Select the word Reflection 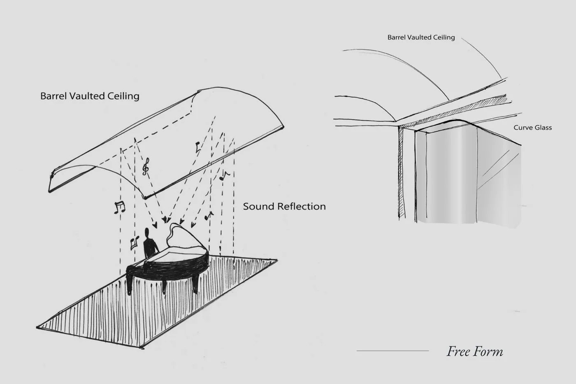tap(303, 206)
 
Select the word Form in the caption tap(490, 351)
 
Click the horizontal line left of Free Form tap(393, 351)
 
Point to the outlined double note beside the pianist tap(133, 243)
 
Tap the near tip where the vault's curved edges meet tap(144, 197)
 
